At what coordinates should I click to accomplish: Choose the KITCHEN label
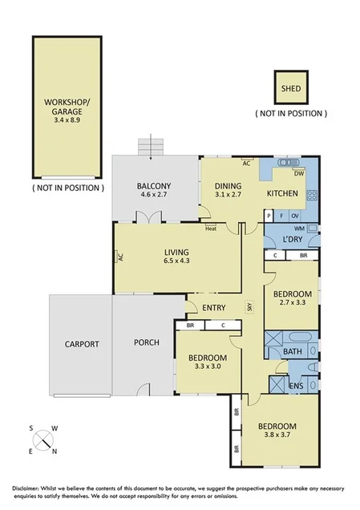click(x=282, y=193)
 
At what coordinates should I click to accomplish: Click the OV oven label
click(x=295, y=215)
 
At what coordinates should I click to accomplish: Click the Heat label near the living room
click(x=211, y=229)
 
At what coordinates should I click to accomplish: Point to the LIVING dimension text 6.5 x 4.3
click(x=178, y=261)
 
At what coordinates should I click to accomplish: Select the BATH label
click(x=291, y=351)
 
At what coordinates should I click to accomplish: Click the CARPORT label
click(x=82, y=344)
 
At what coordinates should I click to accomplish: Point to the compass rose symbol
click(x=43, y=439)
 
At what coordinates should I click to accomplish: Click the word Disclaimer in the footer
click(x=29, y=488)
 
